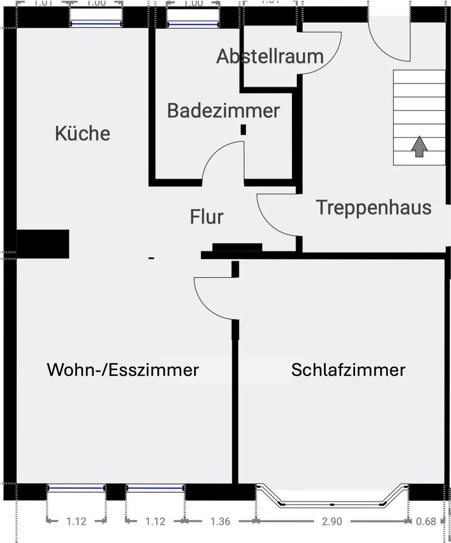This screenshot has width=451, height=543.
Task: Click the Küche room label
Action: (82, 134)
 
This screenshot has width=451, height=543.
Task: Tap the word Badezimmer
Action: (223, 111)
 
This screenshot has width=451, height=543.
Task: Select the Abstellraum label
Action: (270, 56)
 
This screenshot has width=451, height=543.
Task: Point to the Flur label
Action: (207, 217)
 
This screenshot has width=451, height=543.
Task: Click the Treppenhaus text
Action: (374, 207)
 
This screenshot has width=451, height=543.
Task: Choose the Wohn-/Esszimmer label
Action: (123, 370)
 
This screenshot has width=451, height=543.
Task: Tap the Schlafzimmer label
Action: (348, 370)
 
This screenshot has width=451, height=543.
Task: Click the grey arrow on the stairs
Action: (418, 146)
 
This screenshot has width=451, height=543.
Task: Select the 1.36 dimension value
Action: (220, 522)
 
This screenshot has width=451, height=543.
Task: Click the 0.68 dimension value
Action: (426, 522)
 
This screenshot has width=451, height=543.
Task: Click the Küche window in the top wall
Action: (96, 23)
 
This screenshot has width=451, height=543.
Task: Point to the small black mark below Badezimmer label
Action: (243, 129)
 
